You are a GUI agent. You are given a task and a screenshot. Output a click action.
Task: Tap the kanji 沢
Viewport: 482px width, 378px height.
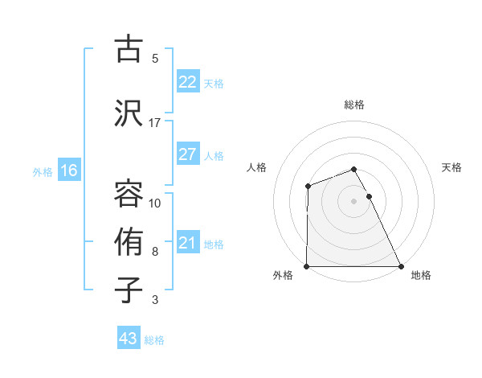(x=129, y=112)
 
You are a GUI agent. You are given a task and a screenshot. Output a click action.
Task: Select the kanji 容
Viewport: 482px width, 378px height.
(x=129, y=193)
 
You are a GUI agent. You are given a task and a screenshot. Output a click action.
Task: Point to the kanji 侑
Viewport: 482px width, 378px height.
(x=129, y=241)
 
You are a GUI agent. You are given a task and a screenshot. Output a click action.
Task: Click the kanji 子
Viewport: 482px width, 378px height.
(x=129, y=290)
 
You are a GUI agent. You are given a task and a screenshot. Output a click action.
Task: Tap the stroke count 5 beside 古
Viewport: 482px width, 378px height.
(x=154, y=59)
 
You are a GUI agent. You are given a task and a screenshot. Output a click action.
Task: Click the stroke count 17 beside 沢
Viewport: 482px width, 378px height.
(x=154, y=123)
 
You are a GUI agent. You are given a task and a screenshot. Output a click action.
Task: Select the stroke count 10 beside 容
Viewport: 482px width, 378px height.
(x=154, y=203)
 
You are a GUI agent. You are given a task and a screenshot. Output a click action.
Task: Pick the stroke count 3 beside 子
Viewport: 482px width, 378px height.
(x=154, y=300)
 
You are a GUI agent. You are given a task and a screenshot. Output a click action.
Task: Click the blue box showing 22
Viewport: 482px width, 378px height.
(x=187, y=82)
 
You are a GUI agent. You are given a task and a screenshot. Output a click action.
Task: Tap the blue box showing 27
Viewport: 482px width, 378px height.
(x=187, y=154)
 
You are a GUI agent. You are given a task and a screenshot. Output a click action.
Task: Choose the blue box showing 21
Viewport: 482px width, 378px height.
(x=187, y=243)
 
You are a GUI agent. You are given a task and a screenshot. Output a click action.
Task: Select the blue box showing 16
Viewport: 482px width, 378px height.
(x=68, y=171)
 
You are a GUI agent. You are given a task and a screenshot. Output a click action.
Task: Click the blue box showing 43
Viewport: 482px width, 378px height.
(x=128, y=339)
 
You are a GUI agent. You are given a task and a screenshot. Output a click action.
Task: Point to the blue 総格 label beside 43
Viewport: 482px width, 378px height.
(x=154, y=340)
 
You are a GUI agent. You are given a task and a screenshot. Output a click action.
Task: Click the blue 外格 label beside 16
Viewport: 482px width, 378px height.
(x=43, y=171)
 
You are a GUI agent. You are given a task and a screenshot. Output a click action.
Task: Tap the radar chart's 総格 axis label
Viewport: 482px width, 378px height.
(x=353, y=105)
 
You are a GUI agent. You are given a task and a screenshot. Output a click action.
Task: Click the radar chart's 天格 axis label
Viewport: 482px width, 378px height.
(x=452, y=167)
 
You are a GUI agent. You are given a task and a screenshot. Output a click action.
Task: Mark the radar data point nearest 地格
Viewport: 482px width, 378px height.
(x=400, y=266)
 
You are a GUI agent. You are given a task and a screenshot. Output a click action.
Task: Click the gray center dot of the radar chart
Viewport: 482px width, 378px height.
(x=353, y=201)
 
